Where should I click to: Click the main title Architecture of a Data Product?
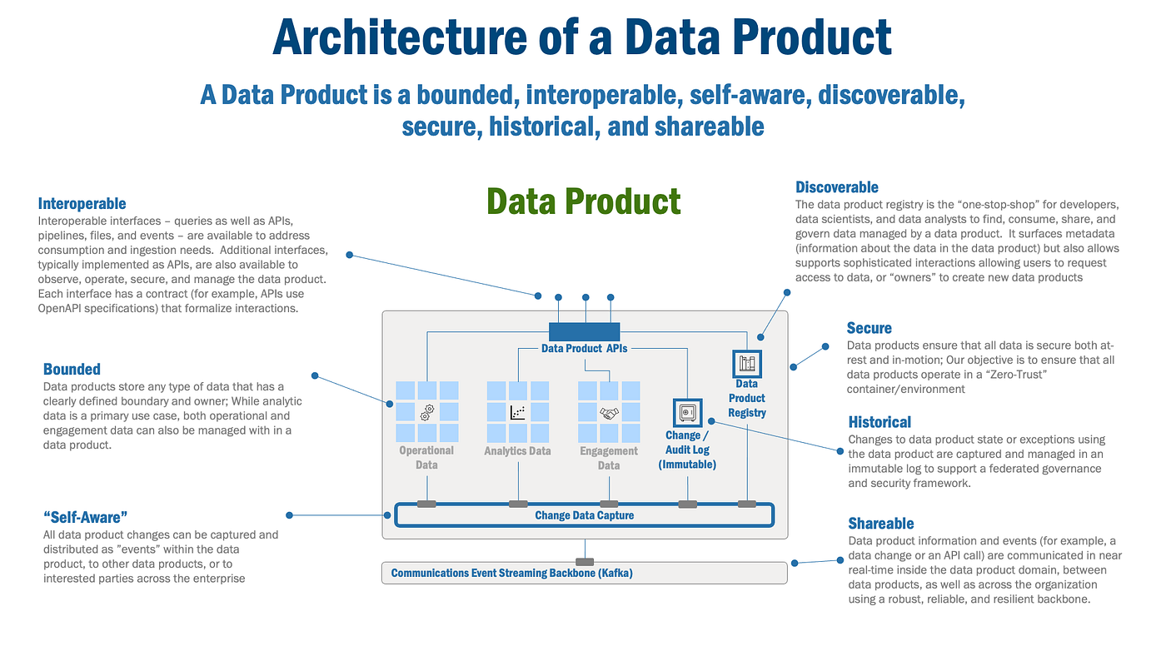point(582,37)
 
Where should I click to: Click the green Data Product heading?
point(583,201)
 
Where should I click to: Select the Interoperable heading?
point(82,203)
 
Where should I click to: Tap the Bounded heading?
point(72,369)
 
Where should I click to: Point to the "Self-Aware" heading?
point(85,517)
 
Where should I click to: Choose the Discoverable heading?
point(836,187)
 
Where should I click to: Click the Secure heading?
point(869,328)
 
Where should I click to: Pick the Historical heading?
point(879,422)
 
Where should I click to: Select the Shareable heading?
point(880,524)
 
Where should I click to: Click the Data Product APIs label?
point(584,349)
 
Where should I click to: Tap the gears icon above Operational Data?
point(427,411)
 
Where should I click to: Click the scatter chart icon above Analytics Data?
point(517,411)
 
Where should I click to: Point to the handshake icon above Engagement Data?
point(609,412)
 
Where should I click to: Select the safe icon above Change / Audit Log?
point(687,412)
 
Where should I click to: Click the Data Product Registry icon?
point(746,364)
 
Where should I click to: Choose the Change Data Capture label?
point(584,515)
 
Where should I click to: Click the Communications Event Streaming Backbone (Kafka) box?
point(584,573)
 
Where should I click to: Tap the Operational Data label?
point(426,457)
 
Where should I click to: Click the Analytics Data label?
point(517,451)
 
